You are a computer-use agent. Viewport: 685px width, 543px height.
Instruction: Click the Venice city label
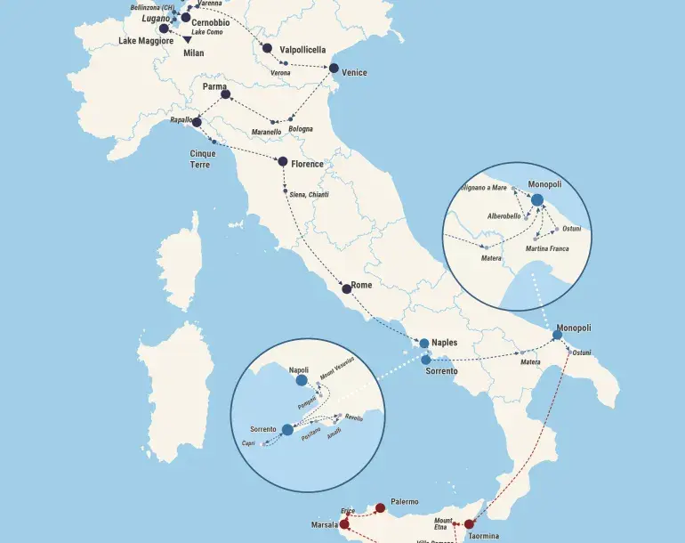pyautogui.click(x=354, y=73)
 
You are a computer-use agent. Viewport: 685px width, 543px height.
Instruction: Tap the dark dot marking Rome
pyautogui.click(x=347, y=288)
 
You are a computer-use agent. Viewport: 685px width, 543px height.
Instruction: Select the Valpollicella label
pyautogui.click(x=302, y=50)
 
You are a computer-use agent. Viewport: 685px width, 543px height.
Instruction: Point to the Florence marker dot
pyautogui.click(x=283, y=162)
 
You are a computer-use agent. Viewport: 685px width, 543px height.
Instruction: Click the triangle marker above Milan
pyautogui.click(x=187, y=39)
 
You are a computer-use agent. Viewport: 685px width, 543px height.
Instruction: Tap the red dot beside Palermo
pyautogui.click(x=381, y=508)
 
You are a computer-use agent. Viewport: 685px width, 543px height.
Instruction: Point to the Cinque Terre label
pyautogui.click(x=203, y=158)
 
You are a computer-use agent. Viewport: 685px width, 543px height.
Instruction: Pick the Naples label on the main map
pyautogui.click(x=444, y=342)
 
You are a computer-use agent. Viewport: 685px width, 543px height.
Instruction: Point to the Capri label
pyautogui.click(x=248, y=443)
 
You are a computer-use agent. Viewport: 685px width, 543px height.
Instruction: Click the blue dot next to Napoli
pyautogui.click(x=302, y=380)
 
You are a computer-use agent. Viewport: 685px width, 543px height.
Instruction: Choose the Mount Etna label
pyautogui.click(x=443, y=523)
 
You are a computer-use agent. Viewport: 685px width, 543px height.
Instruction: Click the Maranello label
pyautogui.click(x=267, y=132)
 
